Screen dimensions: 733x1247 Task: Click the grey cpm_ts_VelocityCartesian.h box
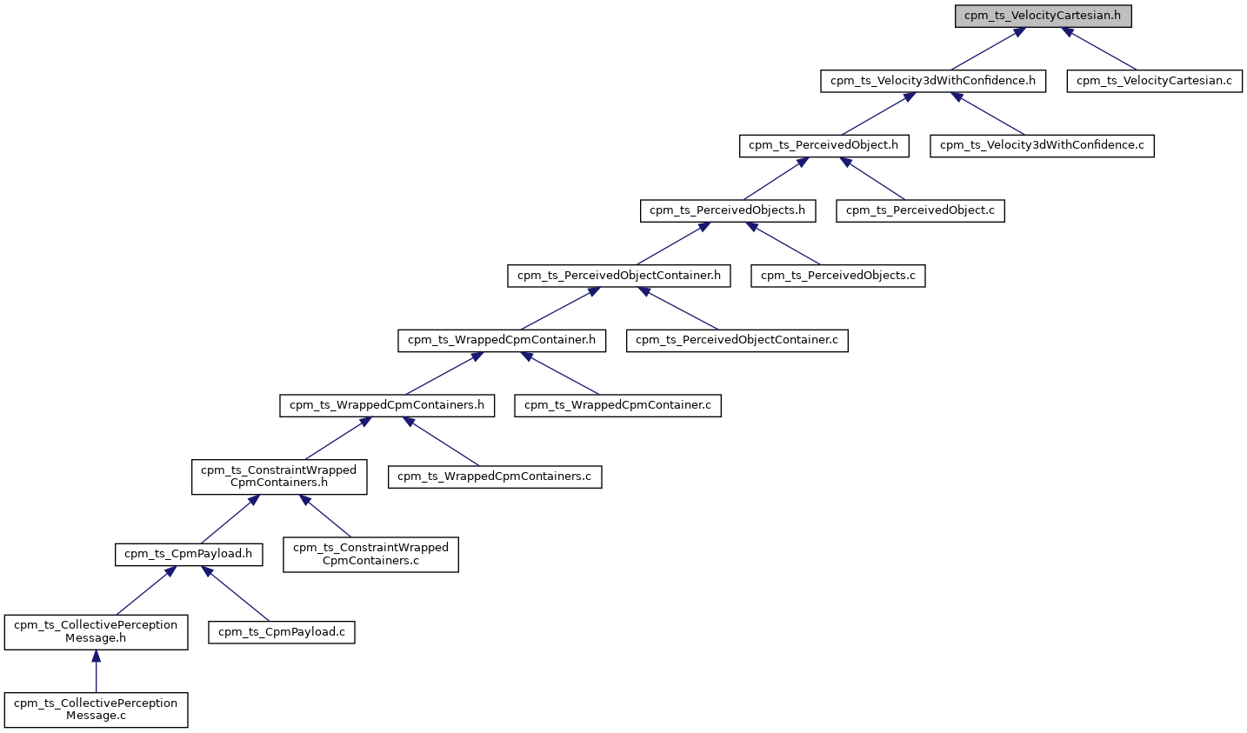(x=1043, y=17)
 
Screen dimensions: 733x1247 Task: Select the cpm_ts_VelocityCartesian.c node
(x=1154, y=81)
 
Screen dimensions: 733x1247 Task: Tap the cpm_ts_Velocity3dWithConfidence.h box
(x=932, y=81)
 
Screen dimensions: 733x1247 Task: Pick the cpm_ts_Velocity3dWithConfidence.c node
(x=1042, y=145)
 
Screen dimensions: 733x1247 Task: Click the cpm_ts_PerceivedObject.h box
(x=824, y=145)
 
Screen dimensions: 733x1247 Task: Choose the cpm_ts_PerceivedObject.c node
(x=920, y=210)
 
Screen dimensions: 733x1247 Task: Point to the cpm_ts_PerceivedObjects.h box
(x=727, y=210)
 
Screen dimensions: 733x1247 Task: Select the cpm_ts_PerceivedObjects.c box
(x=837, y=276)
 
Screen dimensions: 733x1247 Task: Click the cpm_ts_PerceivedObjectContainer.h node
(x=619, y=276)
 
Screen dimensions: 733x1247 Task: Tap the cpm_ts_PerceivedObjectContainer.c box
(x=737, y=340)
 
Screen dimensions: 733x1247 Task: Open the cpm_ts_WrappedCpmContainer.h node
(x=502, y=340)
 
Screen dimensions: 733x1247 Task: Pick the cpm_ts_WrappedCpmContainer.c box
(x=617, y=405)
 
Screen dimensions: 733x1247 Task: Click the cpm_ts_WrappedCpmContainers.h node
(x=387, y=405)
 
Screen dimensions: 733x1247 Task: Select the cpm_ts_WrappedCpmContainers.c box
(x=494, y=476)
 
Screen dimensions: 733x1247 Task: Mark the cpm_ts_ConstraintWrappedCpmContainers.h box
(x=278, y=476)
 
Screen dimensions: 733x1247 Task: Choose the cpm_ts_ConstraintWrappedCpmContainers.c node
(x=370, y=554)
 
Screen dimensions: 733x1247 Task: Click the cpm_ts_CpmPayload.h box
(x=188, y=554)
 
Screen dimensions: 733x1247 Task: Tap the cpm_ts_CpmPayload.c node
(x=282, y=632)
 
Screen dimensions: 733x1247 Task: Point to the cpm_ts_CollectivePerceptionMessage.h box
(x=96, y=631)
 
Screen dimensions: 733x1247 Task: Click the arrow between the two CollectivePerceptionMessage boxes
(x=96, y=671)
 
